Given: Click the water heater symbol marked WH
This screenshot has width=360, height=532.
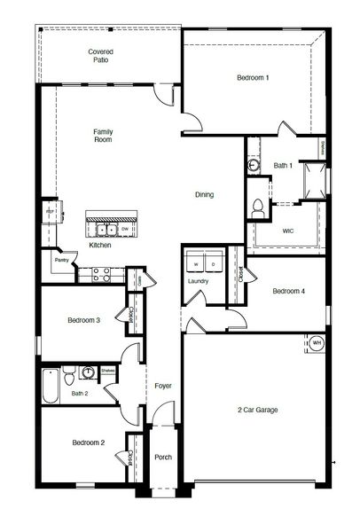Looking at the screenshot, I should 317,343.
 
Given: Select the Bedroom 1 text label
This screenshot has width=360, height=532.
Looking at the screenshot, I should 253,79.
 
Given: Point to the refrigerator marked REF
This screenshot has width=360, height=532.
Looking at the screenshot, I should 50,213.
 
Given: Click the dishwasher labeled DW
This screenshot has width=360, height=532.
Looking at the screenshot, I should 125,229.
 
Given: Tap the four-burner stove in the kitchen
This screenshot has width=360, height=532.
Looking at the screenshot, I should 92,274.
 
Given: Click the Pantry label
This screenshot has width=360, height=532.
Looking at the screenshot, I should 61,261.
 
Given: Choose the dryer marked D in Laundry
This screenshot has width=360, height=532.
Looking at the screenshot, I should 214,264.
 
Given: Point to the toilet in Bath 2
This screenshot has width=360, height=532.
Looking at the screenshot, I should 89,373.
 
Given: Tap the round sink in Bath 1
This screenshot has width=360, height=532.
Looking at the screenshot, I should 254,164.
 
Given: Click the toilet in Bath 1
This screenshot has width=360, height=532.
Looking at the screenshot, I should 258,207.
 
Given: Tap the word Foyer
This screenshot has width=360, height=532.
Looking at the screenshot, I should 162,387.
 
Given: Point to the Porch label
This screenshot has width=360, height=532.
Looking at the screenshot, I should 162,458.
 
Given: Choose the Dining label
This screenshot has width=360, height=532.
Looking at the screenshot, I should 205,195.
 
